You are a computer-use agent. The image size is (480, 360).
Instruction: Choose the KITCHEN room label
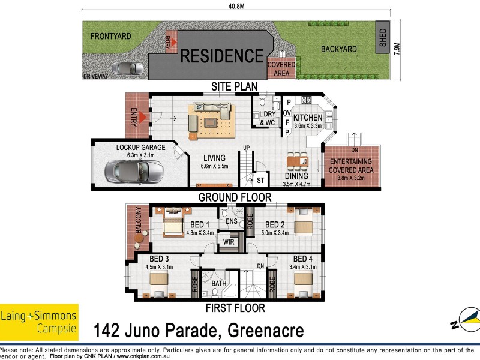coord(308,118)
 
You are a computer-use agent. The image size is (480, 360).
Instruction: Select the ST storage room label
coord(260,180)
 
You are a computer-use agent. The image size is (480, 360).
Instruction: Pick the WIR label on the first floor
coord(228,242)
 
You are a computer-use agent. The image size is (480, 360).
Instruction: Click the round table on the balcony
coord(140,239)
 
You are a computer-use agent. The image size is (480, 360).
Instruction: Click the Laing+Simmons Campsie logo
coord(40,322)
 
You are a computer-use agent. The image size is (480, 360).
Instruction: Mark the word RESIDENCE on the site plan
coord(222,56)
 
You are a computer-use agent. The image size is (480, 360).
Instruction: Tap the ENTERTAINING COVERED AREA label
coord(350,166)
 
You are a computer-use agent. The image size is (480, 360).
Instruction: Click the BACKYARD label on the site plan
coord(338,49)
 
